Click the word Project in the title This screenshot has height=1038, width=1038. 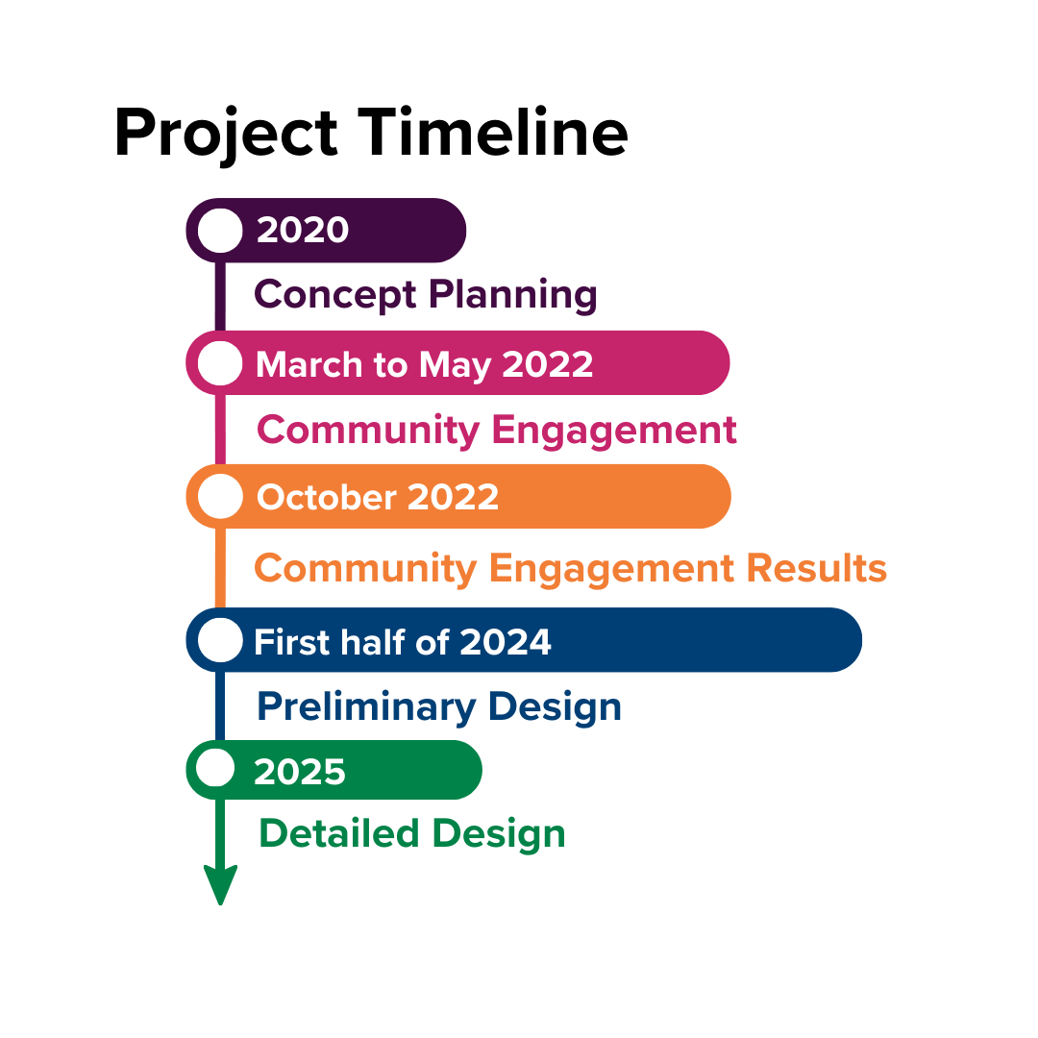tap(227, 135)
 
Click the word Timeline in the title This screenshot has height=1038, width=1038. tap(493, 133)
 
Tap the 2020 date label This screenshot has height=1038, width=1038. tap(303, 230)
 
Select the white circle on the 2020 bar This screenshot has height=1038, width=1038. tap(220, 231)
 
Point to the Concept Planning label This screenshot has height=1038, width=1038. tap(426, 295)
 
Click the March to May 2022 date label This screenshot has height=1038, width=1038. tap(425, 365)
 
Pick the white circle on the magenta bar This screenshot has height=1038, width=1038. tap(220, 362)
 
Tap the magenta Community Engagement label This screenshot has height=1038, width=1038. tap(497, 431)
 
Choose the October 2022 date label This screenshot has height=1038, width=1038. tap(378, 497)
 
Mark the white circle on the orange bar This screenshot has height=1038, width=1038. tap(220, 497)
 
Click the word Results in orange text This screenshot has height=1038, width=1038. tap(817, 568)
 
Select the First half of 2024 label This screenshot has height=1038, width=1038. tap(403, 641)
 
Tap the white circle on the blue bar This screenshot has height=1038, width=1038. tap(220, 639)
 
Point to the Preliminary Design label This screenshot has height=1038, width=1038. tap(439, 707)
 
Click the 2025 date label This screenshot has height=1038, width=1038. tap(300, 772)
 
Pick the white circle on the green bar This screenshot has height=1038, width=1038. tap(216, 768)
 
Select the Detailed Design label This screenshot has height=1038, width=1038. tap(411, 833)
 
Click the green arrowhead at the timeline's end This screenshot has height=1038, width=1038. tap(220, 884)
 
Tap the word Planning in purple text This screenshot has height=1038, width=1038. tap(513, 295)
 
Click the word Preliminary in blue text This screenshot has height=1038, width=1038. tap(366, 707)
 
